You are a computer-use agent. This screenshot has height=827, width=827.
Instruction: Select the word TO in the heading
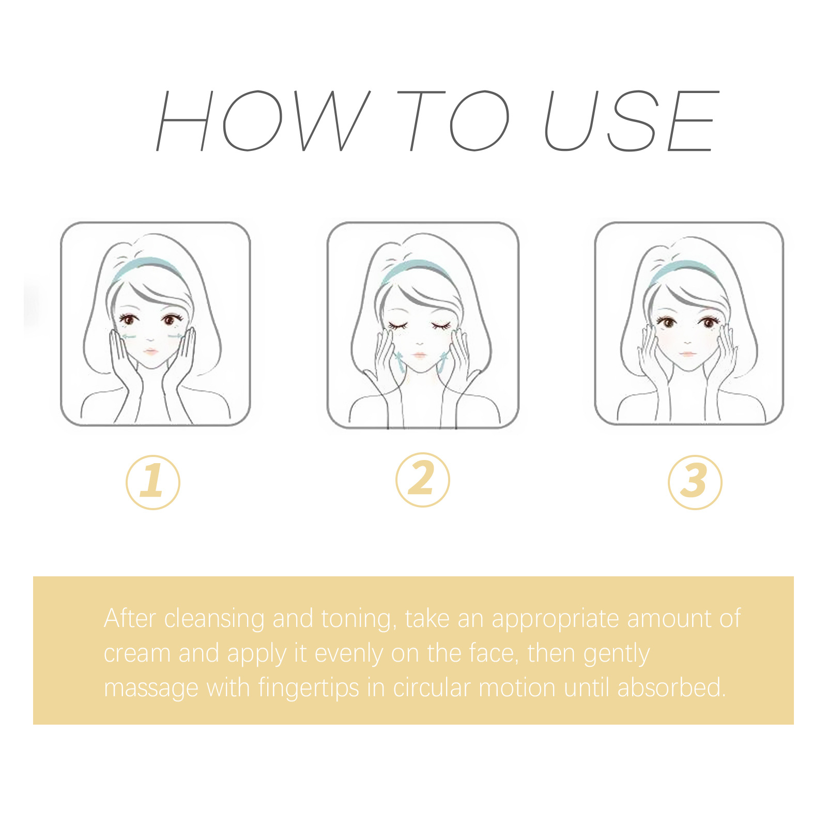[x=452, y=121]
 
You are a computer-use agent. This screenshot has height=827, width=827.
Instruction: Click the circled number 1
[x=153, y=482]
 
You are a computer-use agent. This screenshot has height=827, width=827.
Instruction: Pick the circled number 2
[x=423, y=480]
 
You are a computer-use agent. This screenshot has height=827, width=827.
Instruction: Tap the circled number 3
[x=695, y=482]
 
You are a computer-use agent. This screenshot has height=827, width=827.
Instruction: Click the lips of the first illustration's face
[x=150, y=352]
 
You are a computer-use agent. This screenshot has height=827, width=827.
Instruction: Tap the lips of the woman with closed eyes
[x=419, y=355]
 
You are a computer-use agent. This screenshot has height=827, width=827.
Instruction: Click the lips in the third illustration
[x=687, y=354]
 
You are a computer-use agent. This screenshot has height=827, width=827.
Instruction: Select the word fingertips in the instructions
[x=308, y=688]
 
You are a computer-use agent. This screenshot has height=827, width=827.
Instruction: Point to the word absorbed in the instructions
[x=671, y=688]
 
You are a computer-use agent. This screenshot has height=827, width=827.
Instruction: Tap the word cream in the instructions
[x=137, y=653]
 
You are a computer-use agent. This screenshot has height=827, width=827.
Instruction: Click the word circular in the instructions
[x=432, y=688]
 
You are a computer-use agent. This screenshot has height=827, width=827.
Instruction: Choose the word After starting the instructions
[x=130, y=619]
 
